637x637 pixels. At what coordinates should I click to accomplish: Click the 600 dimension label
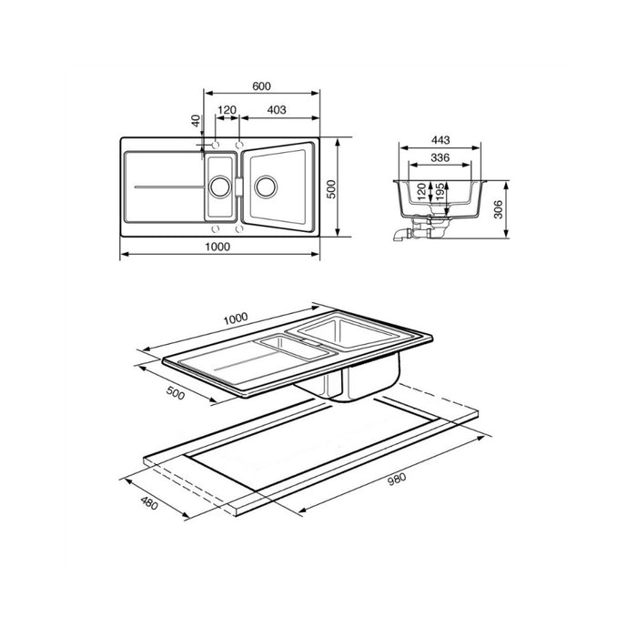click(x=261, y=86)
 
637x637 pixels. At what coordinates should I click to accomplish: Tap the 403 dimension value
click(x=277, y=110)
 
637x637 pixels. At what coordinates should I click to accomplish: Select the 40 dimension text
click(x=197, y=120)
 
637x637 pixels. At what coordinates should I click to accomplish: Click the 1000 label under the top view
click(x=217, y=247)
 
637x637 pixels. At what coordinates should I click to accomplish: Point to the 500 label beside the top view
click(x=331, y=189)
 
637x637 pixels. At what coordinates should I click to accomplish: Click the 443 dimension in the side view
click(x=440, y=140)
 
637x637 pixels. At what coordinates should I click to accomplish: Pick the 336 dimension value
click(x=440, y=157)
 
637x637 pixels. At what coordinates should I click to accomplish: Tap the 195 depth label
click(x=440, y=193)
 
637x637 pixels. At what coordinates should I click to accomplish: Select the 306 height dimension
click(x=499, y=209)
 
